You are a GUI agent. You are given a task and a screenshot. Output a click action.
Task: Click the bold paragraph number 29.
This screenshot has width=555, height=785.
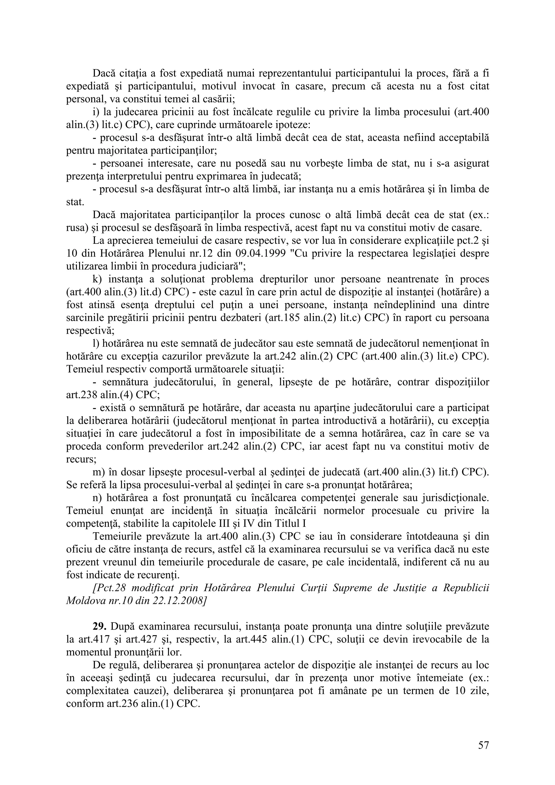[x=99, y=626]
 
